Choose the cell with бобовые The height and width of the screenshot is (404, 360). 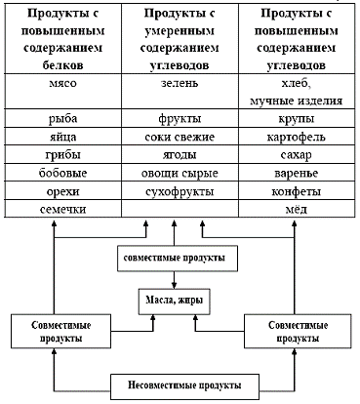click(x=58, y=172)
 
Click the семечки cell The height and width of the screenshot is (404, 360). click(x=58, y=210)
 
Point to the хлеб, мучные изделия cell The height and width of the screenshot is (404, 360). click(x=297, y=92)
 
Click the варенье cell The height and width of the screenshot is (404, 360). click(x=297, y=172)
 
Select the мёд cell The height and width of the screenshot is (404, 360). click(x=297, y=210)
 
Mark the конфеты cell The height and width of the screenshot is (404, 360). click(x=297, y=190)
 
